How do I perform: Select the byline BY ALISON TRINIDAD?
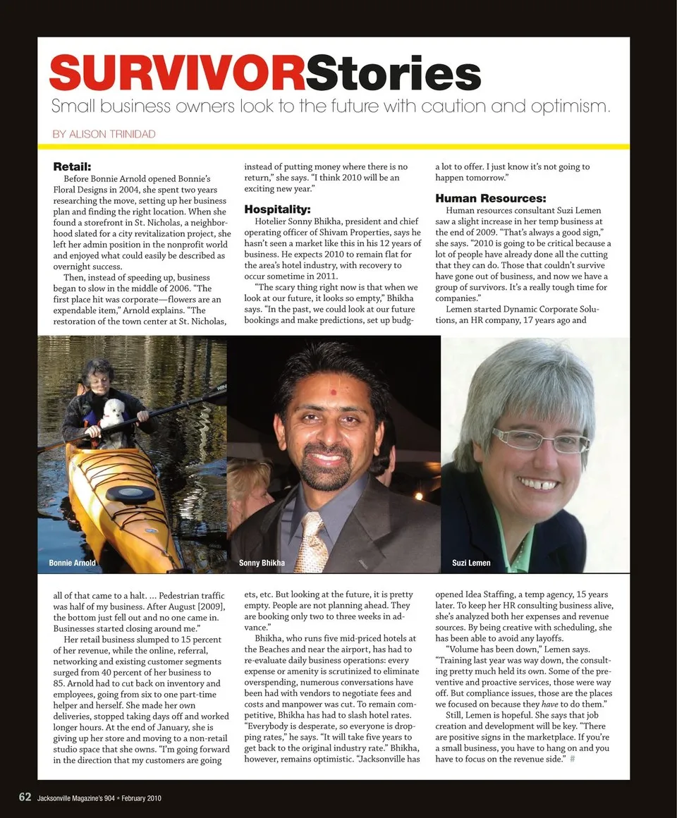[104, 133]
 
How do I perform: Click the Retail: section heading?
[73, 167]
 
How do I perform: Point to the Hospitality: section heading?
[277, 209]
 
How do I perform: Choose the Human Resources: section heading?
[490, 198]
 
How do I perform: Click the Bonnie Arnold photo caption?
[72, 563]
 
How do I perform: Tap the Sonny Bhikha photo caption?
[262, 563]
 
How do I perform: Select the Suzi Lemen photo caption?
[471, 563]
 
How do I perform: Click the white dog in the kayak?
[112, 415]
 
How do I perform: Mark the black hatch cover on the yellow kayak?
[130, 494]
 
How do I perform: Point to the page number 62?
[25, 797]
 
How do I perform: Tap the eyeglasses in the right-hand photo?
[540, 441]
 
